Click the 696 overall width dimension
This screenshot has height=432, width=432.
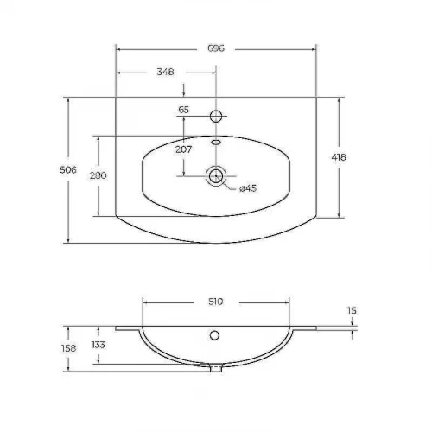[216, 48]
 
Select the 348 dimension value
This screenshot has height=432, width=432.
[165, 72]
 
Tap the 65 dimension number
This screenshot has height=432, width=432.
[183, 110]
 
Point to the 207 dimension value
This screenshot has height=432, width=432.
[183, 149]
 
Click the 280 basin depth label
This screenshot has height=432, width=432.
[98, 175]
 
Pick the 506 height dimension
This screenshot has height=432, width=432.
[68, 170]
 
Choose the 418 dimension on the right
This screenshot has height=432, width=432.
[339, 157]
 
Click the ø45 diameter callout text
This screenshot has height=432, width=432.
[248, 188]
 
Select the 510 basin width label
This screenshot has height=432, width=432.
[216, 302]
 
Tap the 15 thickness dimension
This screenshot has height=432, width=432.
[352, 311]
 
